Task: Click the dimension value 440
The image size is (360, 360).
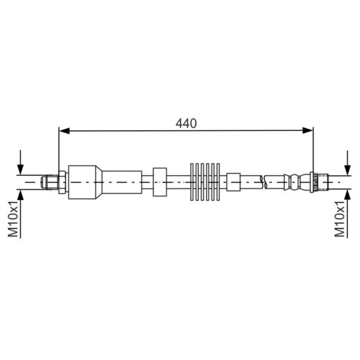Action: [185, 122]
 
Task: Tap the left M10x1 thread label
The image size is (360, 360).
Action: [13, 219]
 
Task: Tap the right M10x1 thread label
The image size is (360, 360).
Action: [341, 219]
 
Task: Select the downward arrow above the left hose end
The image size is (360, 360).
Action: [20, 167]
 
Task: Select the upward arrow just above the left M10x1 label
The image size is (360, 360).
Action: [20, 193]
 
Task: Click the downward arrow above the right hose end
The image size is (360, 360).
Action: [346, 167]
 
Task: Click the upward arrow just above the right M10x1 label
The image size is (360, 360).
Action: [346, 193]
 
